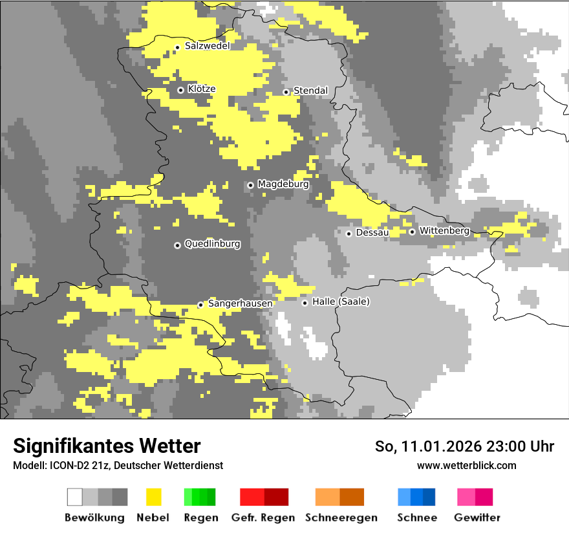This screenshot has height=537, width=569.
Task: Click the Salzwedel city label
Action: pyautogui.click(x=207, y=46)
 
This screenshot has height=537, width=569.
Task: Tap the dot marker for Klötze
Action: pyautogui.click(x=181, y=90)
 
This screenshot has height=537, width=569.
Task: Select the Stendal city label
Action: pyautogui.click(x=310, y=91)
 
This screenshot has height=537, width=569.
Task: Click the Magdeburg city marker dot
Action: pyautogui.click(x=251, y=185)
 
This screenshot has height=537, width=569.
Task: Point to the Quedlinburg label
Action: pyautogui.click(x=212, y=244)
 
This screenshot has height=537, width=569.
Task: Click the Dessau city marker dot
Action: pyautogui.click(x=349, y=234)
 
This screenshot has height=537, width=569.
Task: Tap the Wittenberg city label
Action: pyautogui.click(x=444, y=230)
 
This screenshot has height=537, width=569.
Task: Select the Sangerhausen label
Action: pyautogui.click(x=240, y=303)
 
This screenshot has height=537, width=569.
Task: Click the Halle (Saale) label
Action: pyautogui.click(x=341, y=301)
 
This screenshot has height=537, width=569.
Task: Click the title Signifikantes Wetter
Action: pyautogui.click(x=107, y=446)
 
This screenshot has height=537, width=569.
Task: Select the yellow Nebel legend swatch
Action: pyautogui.click(x=153, y=497)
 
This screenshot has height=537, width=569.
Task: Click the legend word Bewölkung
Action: pyautogui.click(x=94, y=518)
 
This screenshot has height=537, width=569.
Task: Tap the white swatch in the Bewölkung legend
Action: pyautogui.click(x=75, y=497)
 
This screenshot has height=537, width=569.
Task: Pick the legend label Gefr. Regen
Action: pyautogui.click(x=263, y=518)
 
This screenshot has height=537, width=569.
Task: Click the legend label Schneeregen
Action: pyautogui.click(x=341, y=518)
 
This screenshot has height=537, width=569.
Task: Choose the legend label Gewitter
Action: pyautogui.click(x=477, y=518)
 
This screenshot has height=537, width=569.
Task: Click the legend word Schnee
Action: pyautogui.click(x=416, y=518)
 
